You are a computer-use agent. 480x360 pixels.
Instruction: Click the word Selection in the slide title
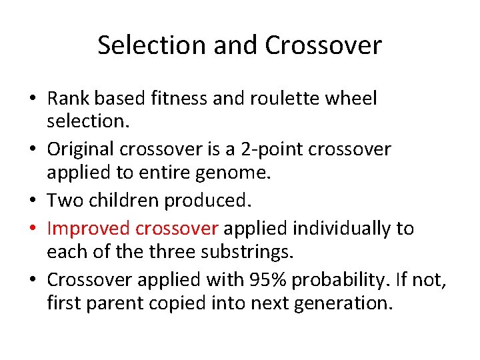151,45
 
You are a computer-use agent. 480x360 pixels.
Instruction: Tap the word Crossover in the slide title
323,45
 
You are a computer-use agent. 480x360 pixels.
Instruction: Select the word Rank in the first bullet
69,99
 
